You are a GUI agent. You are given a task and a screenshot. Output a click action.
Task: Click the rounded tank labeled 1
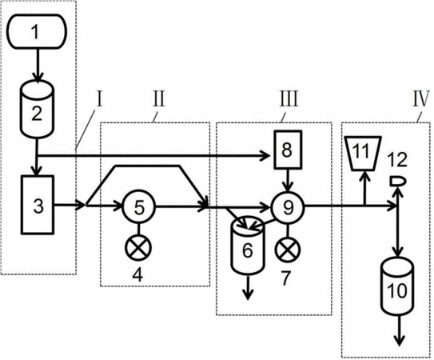[36, 31]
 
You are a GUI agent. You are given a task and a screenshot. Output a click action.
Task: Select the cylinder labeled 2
[37, 109]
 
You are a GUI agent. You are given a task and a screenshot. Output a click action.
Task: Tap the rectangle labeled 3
[38, 205]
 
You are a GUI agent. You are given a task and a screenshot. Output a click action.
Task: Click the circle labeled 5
[138, 206]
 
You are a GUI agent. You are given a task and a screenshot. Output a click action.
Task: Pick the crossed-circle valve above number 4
[138, 247]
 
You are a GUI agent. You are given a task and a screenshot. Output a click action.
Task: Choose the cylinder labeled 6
[248, 246]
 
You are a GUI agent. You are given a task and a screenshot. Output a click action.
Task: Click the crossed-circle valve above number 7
[288, 250]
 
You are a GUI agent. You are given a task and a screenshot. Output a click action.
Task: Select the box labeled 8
[288, 150]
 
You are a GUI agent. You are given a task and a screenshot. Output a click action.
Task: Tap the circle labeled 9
[288, 207]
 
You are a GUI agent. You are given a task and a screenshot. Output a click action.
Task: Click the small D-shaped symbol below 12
[397, 182]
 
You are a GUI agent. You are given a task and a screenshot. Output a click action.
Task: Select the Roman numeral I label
[100, 99]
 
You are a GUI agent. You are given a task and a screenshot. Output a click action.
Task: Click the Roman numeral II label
[159, 99]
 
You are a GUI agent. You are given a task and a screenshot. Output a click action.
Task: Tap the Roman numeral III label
[289, 99]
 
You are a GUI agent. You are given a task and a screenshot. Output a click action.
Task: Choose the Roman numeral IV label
[421, 99]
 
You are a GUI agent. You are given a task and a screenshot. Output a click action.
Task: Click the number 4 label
[137, 275]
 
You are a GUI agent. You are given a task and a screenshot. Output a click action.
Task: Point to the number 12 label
[397, 160]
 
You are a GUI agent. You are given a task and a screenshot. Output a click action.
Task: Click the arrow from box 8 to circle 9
[288, 180]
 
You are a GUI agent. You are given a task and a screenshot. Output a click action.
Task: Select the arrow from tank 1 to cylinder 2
[37, 65]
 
